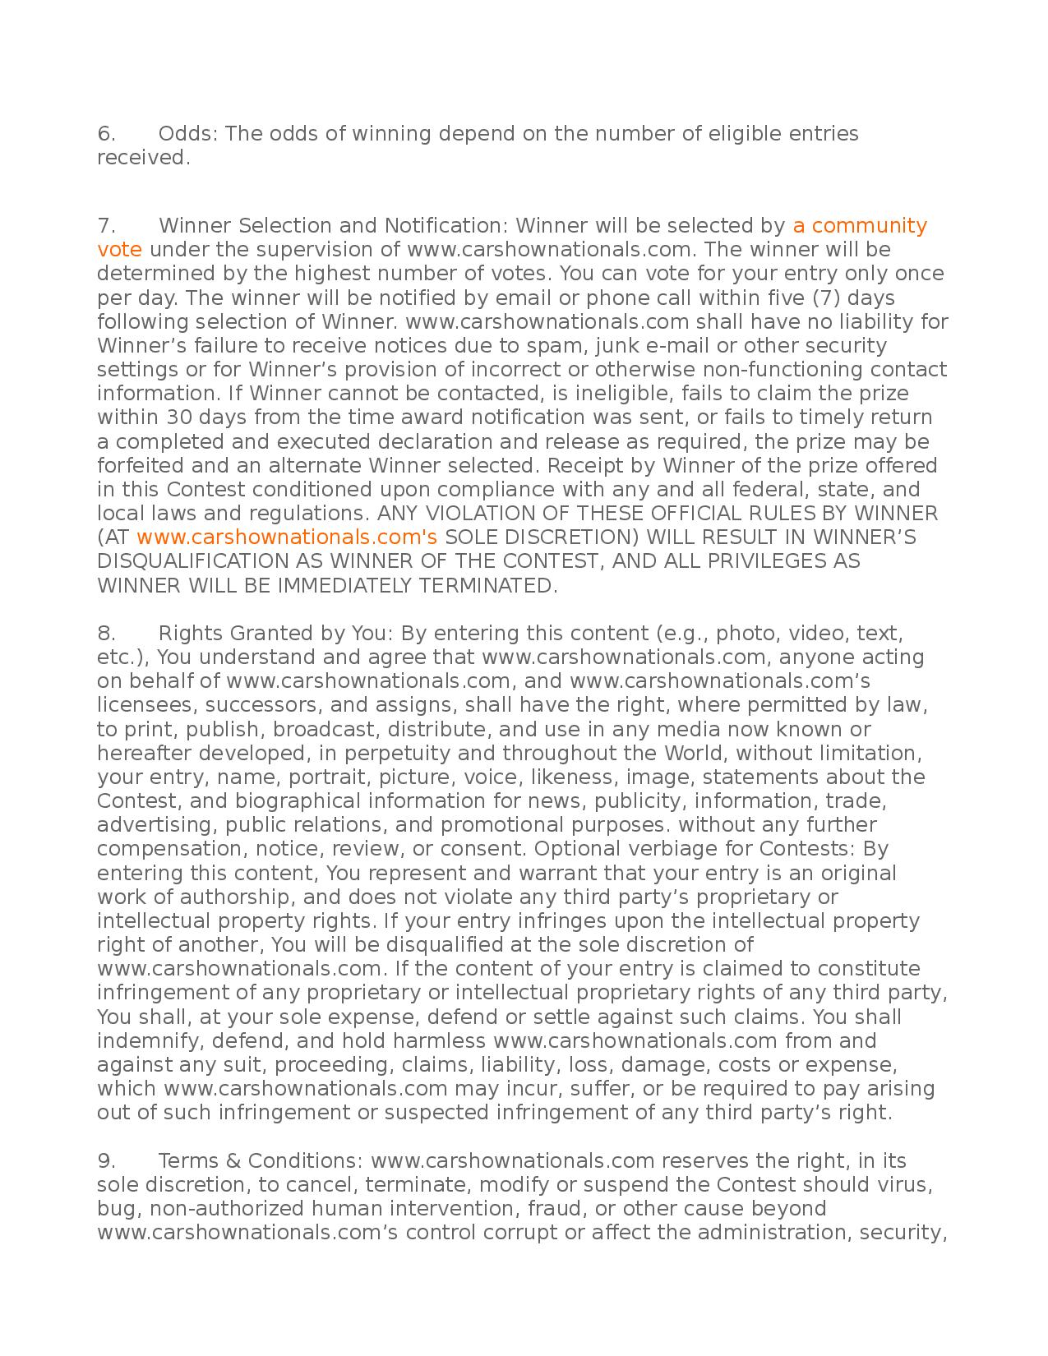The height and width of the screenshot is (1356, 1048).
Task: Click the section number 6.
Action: tap(106, 133)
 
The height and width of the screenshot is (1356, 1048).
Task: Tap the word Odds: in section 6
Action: tap(188, 133)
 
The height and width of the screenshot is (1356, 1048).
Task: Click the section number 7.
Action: tap(106, 225)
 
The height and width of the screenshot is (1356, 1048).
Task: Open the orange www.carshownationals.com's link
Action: tap(286, 537)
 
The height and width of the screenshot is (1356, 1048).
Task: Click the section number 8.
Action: tap(106, 633)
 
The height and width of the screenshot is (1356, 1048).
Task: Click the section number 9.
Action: tap(106, 1160)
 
